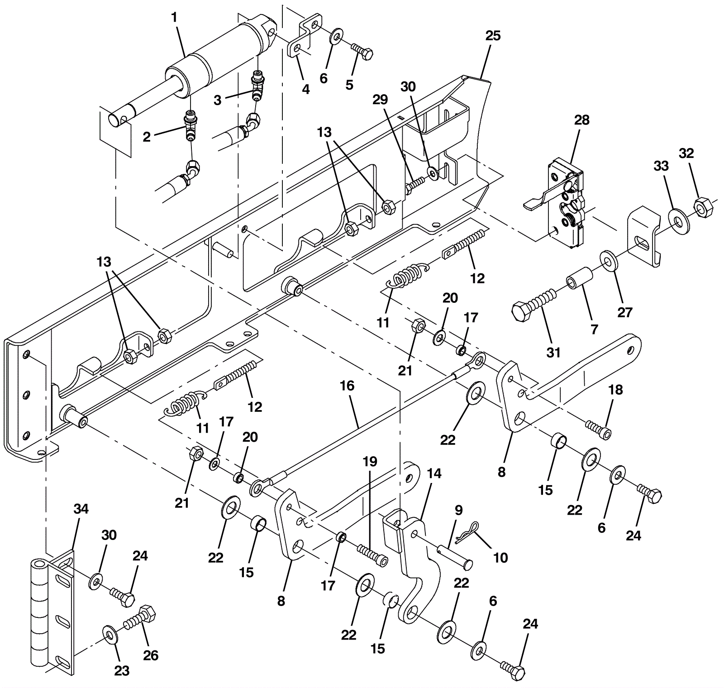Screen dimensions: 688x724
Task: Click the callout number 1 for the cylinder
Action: click(175, 18)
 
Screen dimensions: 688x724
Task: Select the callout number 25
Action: click(493, 36)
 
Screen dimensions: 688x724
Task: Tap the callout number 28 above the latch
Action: click(582, 120)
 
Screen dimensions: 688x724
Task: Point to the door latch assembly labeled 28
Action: click(567, 204)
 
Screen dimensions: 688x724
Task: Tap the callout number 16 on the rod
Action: click(347, 386)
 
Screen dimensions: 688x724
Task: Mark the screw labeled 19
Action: click(372, 554)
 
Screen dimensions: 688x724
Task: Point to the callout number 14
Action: click(433, 473)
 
